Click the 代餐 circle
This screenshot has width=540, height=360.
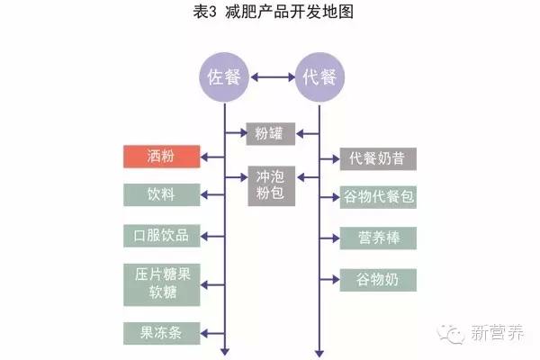click(319, 76)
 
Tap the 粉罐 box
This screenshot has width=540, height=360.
click(272, 135)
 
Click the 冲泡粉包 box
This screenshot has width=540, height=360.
click(272, 186)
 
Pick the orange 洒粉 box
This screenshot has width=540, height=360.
click(162, 156)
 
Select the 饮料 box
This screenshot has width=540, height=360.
click(162, 194)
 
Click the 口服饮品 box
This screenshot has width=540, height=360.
click(162, 237)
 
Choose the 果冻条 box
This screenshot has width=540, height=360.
click(162, 332)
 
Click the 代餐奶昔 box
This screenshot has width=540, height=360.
click(377, 158)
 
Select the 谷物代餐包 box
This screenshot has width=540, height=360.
click(377, 197)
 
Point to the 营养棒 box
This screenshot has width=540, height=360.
click(377, 238)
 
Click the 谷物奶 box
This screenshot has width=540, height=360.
click(377, 279)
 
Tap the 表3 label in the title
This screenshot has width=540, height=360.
click(206, 13)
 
